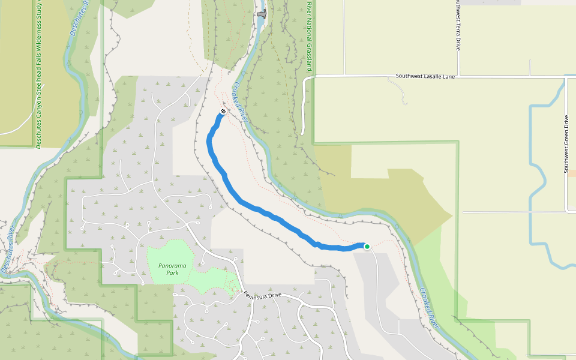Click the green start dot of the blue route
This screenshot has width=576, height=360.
point(367,246)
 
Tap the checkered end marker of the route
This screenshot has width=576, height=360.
point(223,112)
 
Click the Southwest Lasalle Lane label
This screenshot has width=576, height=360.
point(425,77)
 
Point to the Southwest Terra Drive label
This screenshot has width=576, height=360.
point(458,25)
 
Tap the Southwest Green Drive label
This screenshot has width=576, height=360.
point(566,144)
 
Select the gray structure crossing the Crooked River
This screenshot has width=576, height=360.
point(261,14)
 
